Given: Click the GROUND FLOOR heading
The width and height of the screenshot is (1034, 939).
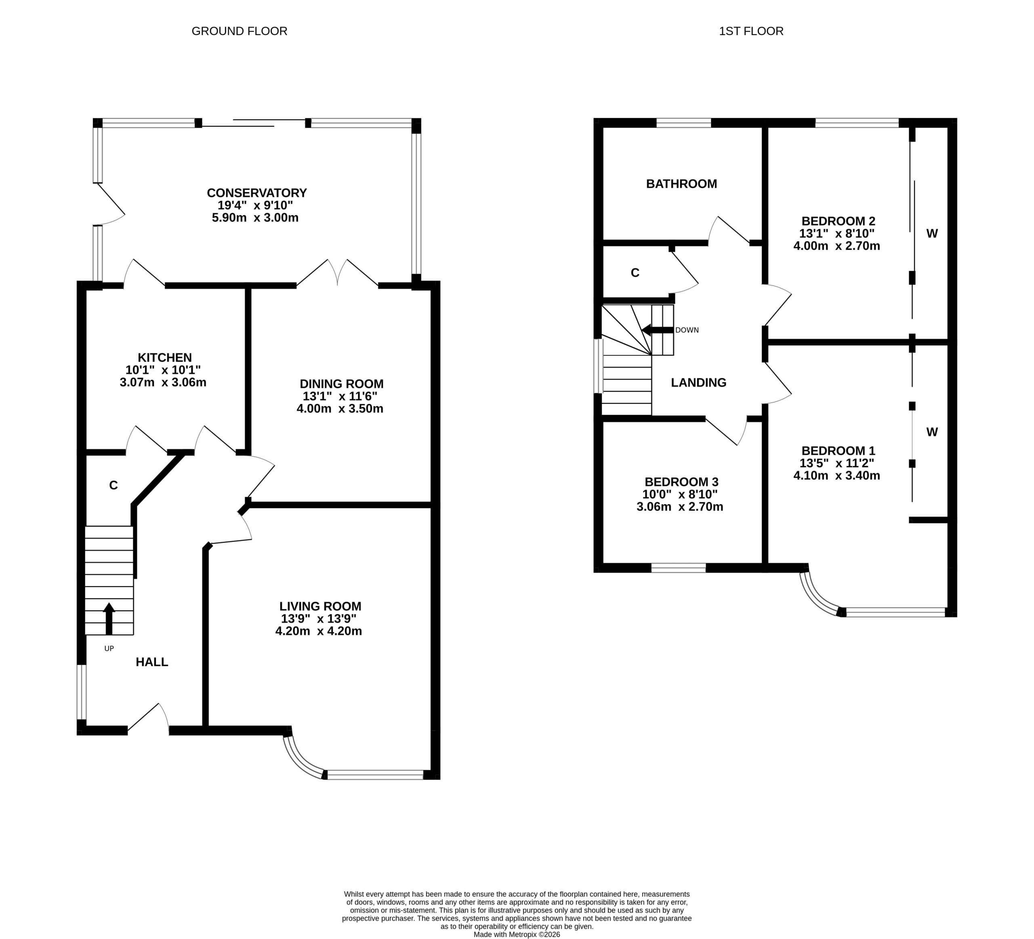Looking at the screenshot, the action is coord(240,31).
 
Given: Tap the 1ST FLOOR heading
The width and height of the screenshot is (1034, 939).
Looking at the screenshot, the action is coord(751,31).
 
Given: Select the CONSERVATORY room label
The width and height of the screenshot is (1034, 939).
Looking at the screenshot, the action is coord(256,193).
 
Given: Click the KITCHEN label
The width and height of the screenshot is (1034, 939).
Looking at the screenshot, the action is coord(165,357).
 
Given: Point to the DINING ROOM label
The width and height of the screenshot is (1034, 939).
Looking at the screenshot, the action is coord(342,384).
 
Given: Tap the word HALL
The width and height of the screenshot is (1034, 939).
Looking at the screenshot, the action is coord(152,662).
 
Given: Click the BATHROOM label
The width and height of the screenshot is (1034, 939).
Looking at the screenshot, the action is coord(682,184).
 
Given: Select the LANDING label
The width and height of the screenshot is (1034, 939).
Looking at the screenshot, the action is coord(699,382).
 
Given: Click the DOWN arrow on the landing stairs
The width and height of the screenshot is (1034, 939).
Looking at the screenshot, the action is coord(657,330).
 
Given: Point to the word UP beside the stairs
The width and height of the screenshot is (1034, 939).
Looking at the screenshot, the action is coord(109,648).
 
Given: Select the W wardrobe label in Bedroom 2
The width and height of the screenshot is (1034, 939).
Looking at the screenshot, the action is coord(932,233).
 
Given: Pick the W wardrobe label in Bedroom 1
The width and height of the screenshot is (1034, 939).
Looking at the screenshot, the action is coord(932,432).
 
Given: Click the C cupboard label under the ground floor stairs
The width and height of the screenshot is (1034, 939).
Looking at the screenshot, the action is coord(113,485).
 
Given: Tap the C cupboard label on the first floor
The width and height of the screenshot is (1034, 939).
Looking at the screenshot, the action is coord(635,273).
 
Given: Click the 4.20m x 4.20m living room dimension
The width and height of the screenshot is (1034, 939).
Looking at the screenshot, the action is coord(319,631).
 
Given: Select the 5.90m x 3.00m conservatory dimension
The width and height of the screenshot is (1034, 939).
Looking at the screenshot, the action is coord(255,217).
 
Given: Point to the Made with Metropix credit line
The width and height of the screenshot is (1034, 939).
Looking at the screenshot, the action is coord(517,935).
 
